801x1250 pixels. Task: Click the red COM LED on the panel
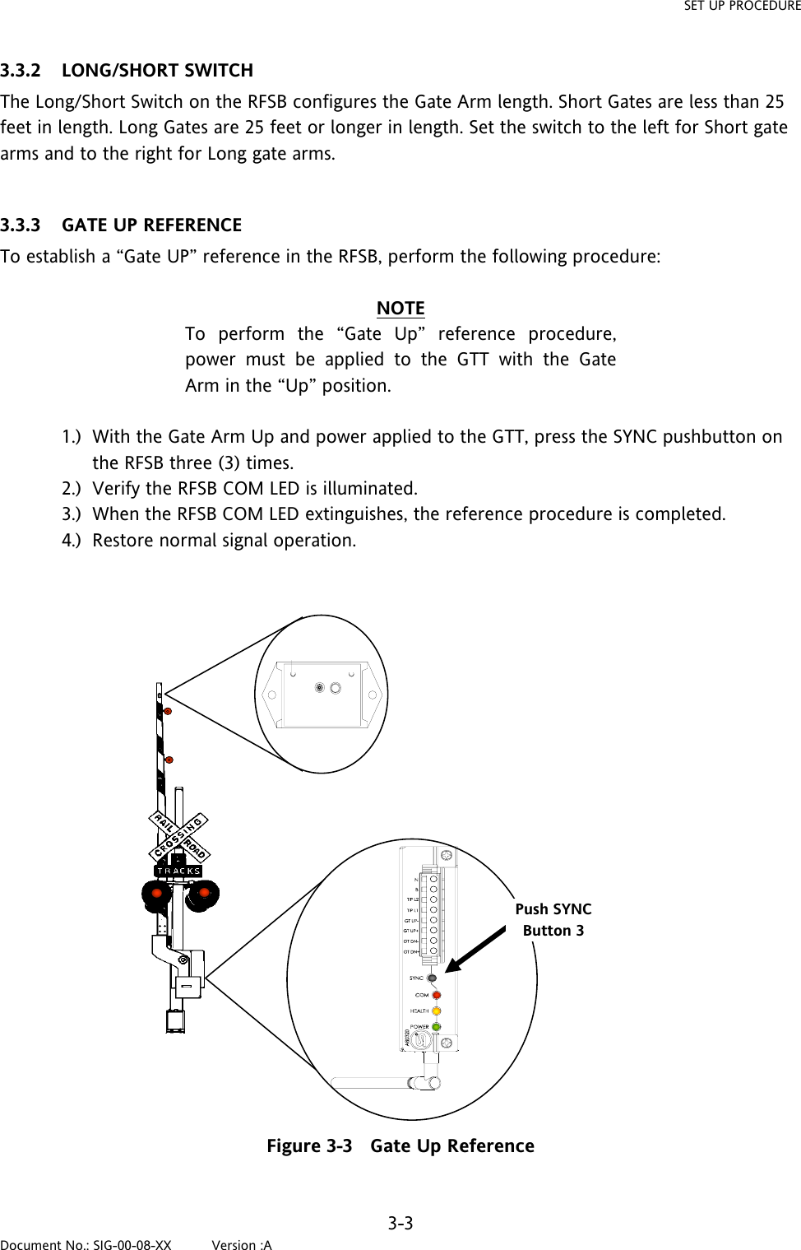click(x=437, y=995)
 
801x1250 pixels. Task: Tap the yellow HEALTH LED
click(x=437, y=1011)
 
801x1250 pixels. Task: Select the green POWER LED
click(x=437, y=1026)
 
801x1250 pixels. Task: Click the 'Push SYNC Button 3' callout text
click(x=553, y=920)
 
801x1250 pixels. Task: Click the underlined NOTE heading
click(x=400, y=308)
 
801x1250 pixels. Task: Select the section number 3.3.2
click(x=21, y=70)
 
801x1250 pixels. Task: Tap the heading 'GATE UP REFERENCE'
click(x=151, y=225)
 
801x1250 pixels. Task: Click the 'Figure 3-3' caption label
click(x=309, y=1145)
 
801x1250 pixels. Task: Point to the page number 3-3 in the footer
click(x=400, y=1223)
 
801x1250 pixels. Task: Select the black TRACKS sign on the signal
click(x=178, y=871)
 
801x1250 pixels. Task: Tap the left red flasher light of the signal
click(x=155, y=893)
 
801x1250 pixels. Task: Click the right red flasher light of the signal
click(x=202, y=892)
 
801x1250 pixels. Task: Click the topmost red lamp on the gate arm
click(x=167, y=710)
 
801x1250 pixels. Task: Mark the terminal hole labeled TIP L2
click(x=433, y=899)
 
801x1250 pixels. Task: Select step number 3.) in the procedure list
click(x=72, y=514)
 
